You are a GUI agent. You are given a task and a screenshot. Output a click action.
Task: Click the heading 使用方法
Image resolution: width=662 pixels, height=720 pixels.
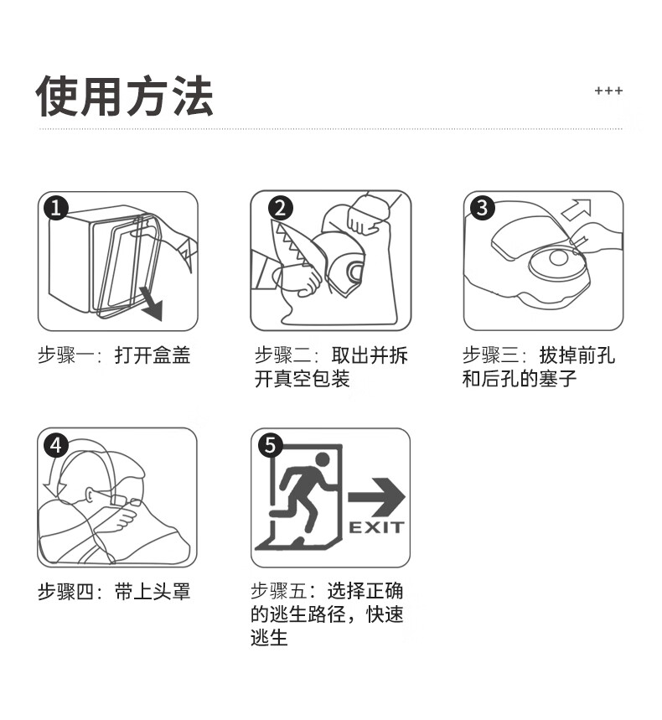124,96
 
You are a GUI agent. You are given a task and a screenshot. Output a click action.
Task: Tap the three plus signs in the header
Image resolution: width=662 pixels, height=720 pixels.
608,91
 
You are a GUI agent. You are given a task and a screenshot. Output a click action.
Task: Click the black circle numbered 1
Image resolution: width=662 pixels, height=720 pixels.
56,208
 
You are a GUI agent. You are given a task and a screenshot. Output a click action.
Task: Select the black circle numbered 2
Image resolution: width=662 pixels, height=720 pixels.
281,208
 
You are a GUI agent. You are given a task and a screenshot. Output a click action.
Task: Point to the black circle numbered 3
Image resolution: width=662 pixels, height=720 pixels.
483,208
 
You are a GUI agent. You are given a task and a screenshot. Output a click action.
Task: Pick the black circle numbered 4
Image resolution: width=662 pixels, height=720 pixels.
56,445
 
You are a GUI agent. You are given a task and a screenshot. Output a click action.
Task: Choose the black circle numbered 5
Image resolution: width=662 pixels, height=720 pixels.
271,445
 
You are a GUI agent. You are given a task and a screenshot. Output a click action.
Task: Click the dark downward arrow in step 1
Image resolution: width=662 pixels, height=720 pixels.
153,304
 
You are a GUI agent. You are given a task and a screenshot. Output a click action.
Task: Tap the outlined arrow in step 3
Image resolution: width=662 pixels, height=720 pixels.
577,210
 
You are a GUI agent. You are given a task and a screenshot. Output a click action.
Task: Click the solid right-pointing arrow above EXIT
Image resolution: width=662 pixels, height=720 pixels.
376,497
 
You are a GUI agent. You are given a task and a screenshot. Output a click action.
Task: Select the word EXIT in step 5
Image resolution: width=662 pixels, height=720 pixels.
376,527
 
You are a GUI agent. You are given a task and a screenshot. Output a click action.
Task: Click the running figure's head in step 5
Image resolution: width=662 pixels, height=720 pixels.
323,459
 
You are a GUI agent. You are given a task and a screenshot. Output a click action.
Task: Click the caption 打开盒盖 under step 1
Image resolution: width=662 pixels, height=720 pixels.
152,355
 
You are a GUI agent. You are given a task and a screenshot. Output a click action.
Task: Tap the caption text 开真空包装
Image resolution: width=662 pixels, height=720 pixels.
302,379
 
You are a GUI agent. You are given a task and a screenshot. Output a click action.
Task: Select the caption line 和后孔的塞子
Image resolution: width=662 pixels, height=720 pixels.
520,379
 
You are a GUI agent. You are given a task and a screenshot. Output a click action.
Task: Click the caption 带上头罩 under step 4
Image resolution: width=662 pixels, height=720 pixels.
152,592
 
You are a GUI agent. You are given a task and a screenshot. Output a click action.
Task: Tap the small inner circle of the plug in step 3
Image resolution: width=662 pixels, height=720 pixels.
558,258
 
